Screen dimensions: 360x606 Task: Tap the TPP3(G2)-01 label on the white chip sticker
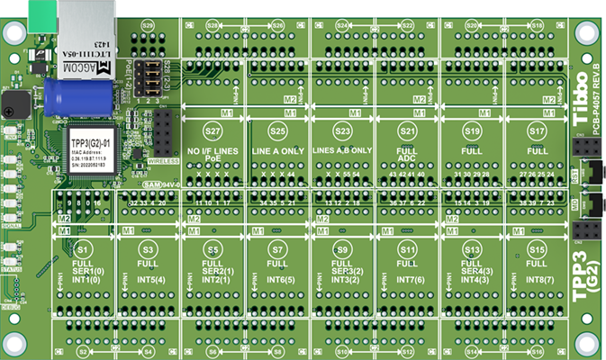coord(89,143)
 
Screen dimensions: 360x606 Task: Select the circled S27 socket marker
coord(213,131)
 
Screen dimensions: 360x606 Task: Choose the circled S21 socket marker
coord(407,131)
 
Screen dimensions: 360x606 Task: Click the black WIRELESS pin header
coord(162,131)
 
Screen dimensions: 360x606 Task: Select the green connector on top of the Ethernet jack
coord(41,11)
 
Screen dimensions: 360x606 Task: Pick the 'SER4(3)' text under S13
coord(472,272)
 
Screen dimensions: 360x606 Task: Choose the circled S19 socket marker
coord(472,131)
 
